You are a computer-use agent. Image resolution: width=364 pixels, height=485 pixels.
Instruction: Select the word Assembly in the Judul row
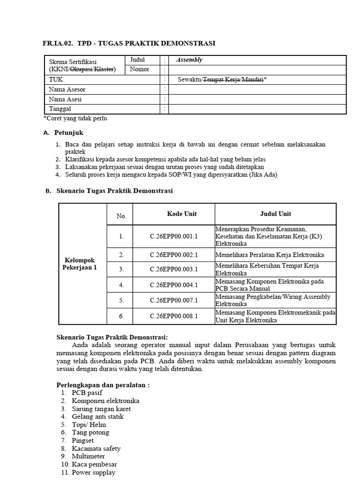[x=189, y=60]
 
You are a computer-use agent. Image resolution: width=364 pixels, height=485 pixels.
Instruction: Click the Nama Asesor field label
[x=67, y=89]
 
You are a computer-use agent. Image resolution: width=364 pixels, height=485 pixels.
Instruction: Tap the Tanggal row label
[x=60, y=109]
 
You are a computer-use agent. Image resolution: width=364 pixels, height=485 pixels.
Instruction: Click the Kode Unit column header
[x=182, y=214]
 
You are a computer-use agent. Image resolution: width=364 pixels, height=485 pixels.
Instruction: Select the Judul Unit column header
[x=275, y=214]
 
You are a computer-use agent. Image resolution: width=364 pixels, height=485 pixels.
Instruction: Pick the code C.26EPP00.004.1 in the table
[x=174, y=285]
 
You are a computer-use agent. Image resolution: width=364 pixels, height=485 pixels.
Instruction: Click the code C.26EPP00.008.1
[x=174, y=316]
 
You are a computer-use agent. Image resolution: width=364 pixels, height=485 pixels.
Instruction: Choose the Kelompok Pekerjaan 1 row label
[x=80, y=264]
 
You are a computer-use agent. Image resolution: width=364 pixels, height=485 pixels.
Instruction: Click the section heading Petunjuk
[x=69, y=133]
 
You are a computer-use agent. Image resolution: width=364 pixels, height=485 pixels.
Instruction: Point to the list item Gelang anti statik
[x=98, y=416]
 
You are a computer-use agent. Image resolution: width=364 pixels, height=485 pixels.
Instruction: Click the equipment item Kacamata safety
[x=96, y=448]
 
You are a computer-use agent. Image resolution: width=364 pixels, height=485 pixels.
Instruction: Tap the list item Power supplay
[x=93, y=472]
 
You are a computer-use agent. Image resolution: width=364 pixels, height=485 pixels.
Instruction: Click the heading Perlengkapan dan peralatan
[x=103, y=385]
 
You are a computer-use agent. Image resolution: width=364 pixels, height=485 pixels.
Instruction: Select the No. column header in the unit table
[x=121, y=216]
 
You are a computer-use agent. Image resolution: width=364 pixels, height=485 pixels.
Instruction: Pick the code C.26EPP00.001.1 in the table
[x=174, y=236]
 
